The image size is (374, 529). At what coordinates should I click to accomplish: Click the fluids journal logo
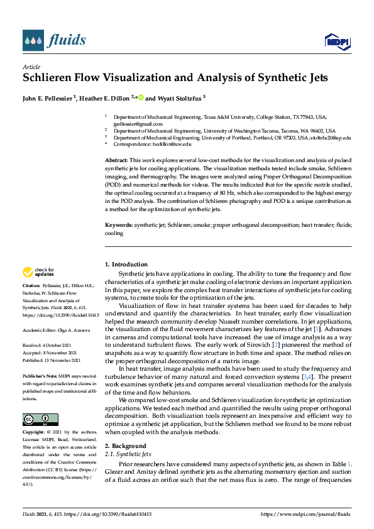coord(54,41)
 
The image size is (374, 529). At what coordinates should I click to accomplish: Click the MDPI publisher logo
coord(336,41)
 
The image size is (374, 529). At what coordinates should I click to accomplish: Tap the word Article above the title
coord(31,67)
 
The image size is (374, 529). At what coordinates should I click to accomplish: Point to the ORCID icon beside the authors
coord(141,98)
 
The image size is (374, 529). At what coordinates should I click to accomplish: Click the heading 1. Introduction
coord(126,264)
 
